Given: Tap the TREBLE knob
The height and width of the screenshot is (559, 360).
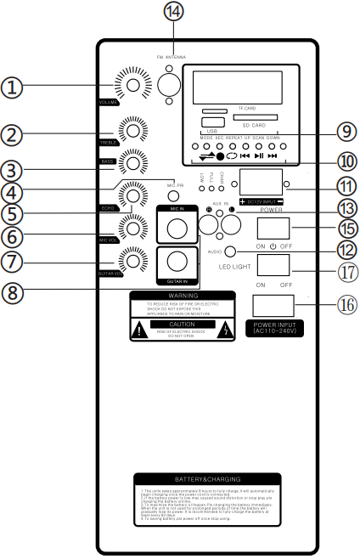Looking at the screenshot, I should pyautogui.click(x=132, y=130).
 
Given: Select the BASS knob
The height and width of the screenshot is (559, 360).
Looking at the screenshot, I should pyautogui.click(x=132, y=160).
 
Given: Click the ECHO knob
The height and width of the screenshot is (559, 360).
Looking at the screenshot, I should pyautogui.click(x=132, y=195).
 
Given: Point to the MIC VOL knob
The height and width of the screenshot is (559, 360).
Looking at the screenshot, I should pyautogui.click(x=132, y=227).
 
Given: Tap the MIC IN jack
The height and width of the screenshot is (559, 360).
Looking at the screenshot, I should pyautogui.click(x=177, y=228).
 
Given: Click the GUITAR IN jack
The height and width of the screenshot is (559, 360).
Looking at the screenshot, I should pyautogui.click(x=177, y=261).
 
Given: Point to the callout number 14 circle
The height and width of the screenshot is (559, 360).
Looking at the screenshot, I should pyautogui.click(x=173, y=12).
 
